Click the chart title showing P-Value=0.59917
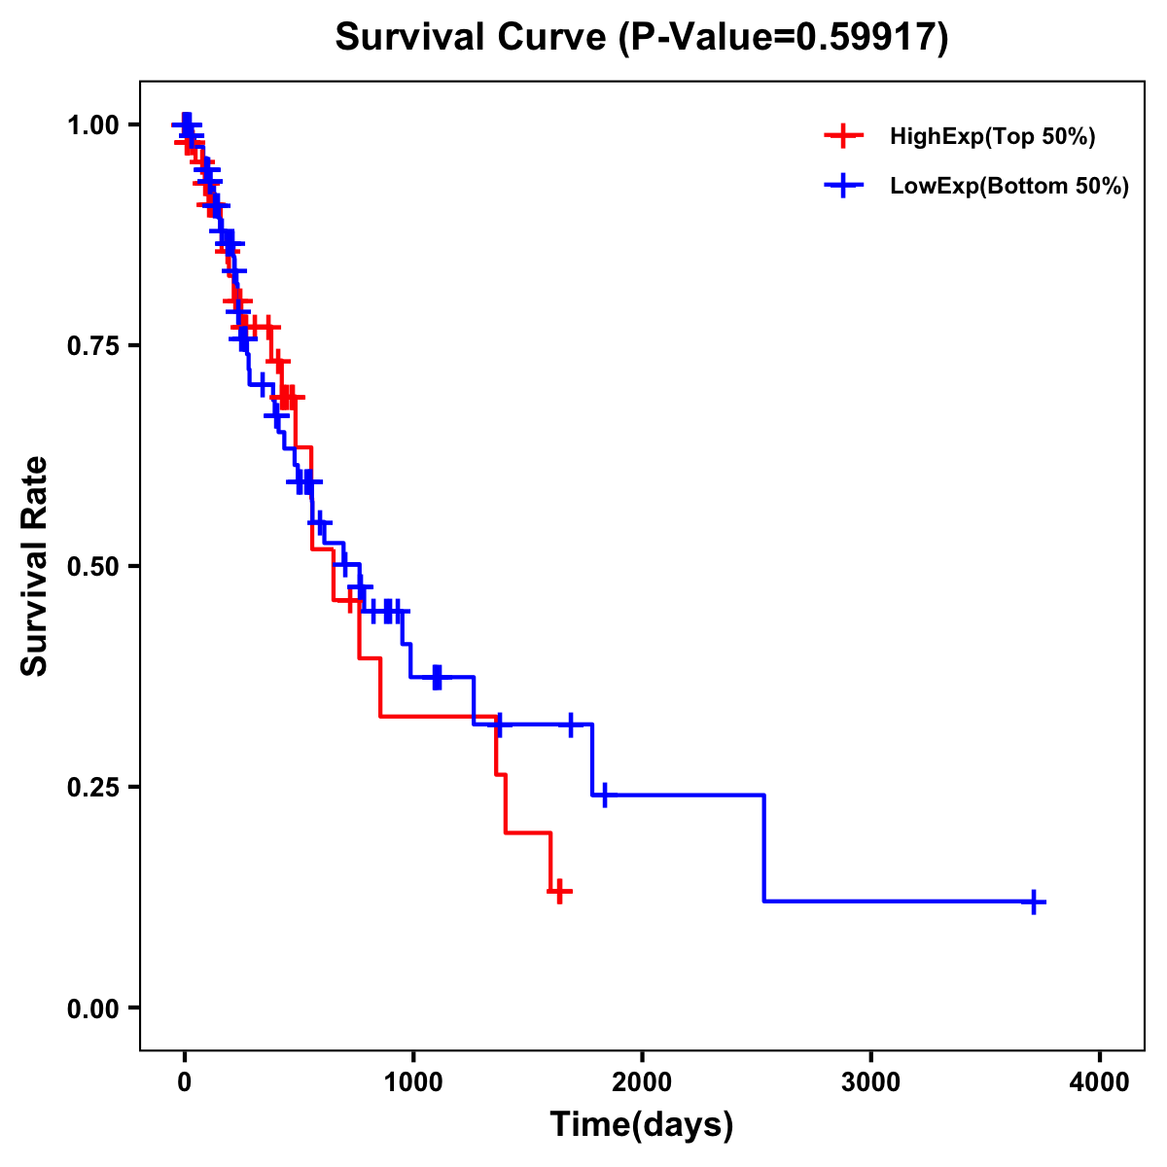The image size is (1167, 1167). coord(641,38)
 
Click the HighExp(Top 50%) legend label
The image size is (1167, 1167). coord(992,137)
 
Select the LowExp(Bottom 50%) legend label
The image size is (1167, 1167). coord(1009,187)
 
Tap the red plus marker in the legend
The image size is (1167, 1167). coord(843,137)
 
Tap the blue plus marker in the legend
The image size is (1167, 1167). coord(843,187)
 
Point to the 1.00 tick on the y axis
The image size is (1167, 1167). coord(93,125)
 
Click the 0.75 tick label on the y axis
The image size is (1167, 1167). coord(93,346)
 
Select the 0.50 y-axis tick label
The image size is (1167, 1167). coord(93,567)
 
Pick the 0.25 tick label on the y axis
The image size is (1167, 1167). coord(93,788)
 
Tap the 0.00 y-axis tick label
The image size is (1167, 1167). coord(93,1008)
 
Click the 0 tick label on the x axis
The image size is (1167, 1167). coord(184,1081)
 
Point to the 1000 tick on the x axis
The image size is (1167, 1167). coord(412,1081)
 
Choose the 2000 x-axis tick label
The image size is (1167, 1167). coord(642,1081)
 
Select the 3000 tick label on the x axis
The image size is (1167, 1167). coord(870,1081)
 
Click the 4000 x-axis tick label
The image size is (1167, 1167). coord(1100,1081)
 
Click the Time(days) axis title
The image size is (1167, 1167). coord(642,1125)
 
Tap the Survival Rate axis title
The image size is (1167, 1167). coord(36,566)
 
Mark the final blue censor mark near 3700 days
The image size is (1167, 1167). coord(1034,902)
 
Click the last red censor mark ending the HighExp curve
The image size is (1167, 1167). coord(559,891)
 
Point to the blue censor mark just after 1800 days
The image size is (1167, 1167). coord(604,796)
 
